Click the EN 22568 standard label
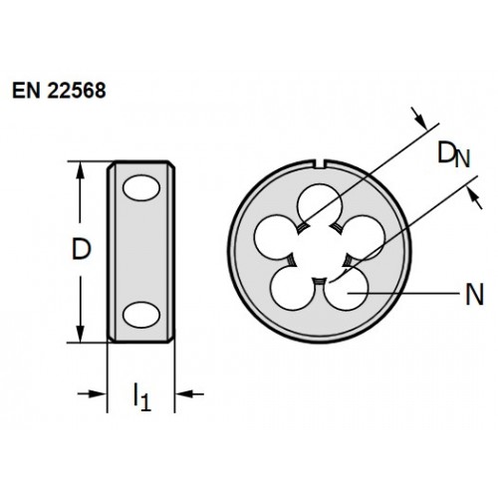tap(59, 91)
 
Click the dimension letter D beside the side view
tap(81, 249)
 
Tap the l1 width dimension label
tap(142, 396)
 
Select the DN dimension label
tap(454, 154)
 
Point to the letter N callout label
tap(474, 295)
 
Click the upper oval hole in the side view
tap(141, 188)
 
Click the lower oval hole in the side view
tap(141, 315)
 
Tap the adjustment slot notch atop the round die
tap(320, 165)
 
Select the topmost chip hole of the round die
tap(320, 204)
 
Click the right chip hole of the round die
tap(363, 236)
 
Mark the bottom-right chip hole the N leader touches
tap(347, 288)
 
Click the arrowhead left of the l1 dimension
tap(98, 394)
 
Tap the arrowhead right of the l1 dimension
tap(184, 394)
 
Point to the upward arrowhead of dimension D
tap(80, 170)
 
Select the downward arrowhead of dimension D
tap(80, 334)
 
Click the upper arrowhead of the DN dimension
tap(420, 122)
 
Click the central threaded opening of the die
tap(320, 253)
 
